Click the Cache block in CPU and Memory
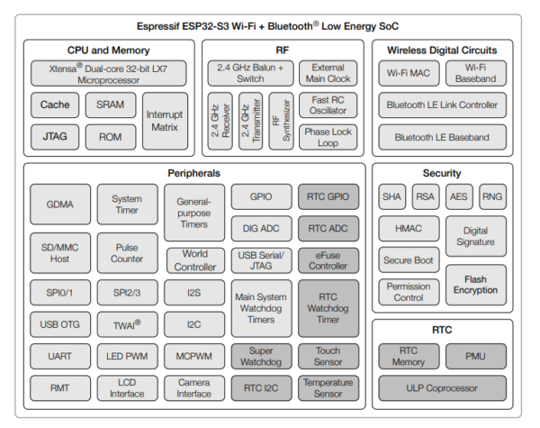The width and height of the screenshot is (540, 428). (x=55, y=105)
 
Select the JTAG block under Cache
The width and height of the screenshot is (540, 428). (x=55, y=137)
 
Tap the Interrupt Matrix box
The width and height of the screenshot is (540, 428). (x=165, y=121)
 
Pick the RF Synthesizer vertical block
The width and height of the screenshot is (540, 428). (x=281, y=121)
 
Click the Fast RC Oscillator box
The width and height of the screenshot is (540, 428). (x=328, y=105)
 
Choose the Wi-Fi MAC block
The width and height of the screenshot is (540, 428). (x=409, y=73)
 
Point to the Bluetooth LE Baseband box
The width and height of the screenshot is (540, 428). (x=442, y=137)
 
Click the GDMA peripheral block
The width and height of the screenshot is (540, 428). (x=60, y=205)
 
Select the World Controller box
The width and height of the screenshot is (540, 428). (x=195, y=260)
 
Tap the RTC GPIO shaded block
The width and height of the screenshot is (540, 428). (x=328, y=196)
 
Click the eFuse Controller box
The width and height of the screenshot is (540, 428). (x=328, y=260)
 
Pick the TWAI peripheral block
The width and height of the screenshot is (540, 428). (x=128, y=324)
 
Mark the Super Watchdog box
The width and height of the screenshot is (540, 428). (x=261, y=356)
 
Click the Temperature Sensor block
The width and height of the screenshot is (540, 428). (x=328, y=388)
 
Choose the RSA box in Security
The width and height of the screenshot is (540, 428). (x=426, y=196)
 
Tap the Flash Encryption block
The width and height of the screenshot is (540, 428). (x=476, y=285)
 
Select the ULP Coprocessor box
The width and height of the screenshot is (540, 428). (x=442, y=388)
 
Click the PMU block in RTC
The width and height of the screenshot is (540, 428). (x=476, y=356)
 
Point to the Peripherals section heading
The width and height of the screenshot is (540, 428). (x=193, y=173)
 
